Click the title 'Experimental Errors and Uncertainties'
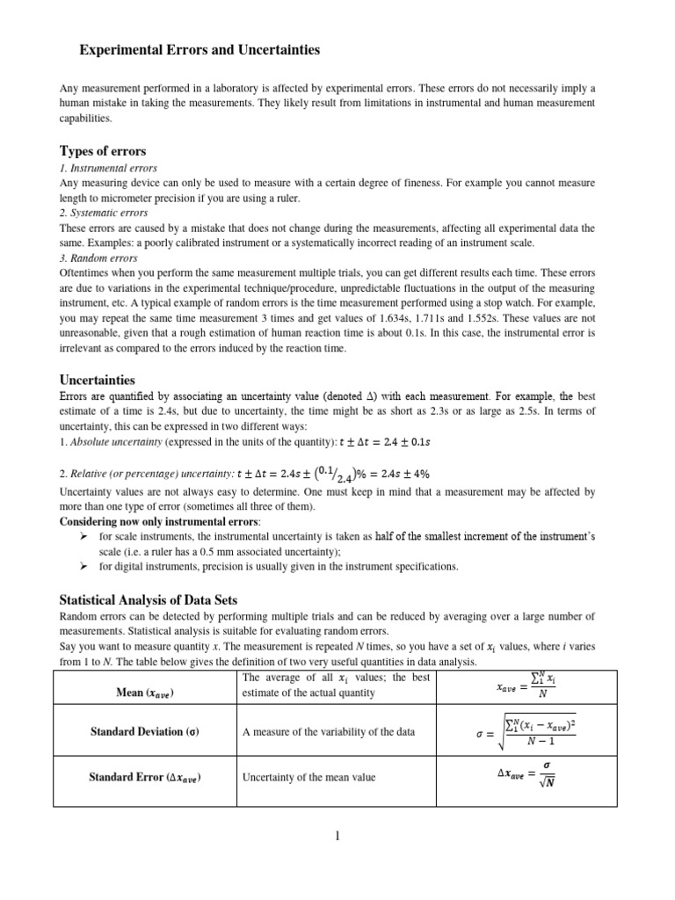tap(200, 52)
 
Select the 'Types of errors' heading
tap(102, 150)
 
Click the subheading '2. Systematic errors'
tap(103, 213)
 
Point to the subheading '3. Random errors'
tap(98, 258)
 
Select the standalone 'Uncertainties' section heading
tap(97, 381)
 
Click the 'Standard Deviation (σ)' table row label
tap(145, 732)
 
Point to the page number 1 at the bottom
tap(337, 836)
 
